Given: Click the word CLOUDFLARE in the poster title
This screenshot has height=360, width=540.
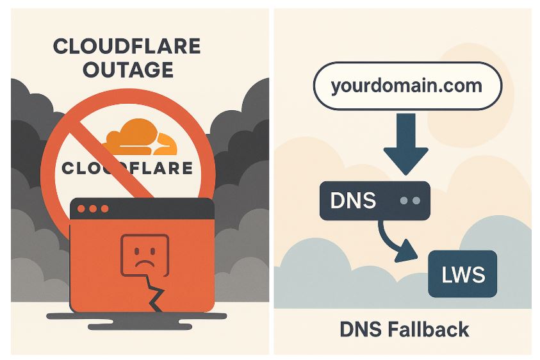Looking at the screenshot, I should pos(126,47).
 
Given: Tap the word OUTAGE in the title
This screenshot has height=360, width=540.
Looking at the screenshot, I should pos(126,69).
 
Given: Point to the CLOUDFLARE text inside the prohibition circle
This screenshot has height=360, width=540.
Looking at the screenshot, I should pos(127,168).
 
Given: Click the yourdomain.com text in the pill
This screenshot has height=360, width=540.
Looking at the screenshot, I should pos(406,86).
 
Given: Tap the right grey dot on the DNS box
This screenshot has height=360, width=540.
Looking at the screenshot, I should pos(416,200).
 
